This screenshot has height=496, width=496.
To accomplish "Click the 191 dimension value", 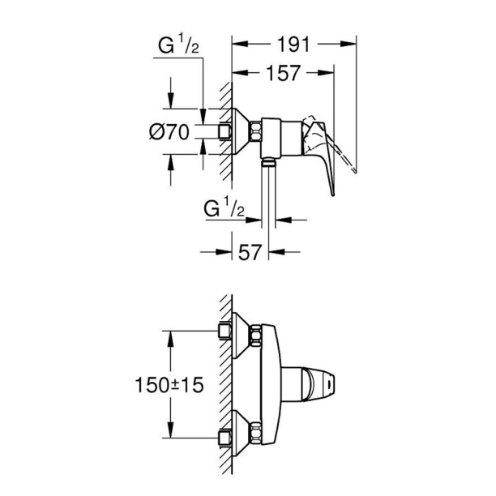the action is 293,45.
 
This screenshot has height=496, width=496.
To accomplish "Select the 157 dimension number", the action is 283,73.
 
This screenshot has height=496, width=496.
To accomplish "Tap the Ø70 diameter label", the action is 169,131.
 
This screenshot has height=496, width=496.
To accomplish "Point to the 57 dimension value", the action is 250,252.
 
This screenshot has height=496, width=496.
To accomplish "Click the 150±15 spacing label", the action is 169,385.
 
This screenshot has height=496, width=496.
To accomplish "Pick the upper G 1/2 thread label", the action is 179,45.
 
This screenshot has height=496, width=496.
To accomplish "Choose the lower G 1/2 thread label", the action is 224,207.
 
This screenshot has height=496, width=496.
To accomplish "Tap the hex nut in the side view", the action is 255,131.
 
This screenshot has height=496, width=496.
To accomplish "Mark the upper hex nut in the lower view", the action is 255,335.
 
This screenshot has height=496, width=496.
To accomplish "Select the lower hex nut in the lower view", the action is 255,432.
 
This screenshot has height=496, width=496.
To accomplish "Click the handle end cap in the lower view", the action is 329,385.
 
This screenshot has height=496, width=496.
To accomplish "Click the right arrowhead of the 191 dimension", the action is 348,45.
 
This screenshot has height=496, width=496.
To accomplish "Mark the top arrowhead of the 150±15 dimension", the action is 171,339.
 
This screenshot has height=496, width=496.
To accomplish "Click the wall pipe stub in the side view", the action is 225,131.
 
